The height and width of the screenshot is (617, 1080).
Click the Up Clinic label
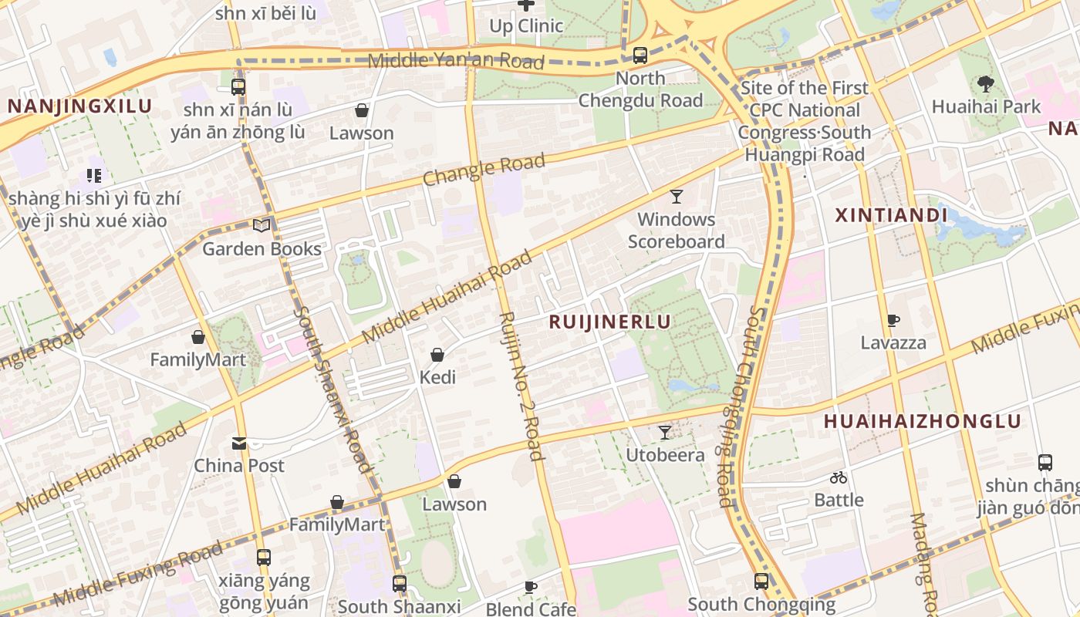pos(526,25)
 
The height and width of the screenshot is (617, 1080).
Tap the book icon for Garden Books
pos(262,225)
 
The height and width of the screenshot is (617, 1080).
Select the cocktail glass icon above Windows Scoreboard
pos(677,196)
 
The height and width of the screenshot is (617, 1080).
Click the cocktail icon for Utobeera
pos(664,432)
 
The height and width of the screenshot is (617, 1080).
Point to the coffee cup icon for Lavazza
pos(893,320)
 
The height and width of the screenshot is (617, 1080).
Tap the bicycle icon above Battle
pos(839,477)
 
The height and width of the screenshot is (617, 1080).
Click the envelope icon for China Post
pos(239,443)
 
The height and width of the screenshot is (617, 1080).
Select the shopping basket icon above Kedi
pos(437,355)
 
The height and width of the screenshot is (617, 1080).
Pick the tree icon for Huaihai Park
pos(985,83)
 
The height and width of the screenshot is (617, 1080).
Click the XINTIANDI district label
pos(891,215)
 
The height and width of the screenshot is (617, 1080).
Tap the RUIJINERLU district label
pos(609,322)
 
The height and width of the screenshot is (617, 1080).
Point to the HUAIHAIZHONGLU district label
pos(923,421)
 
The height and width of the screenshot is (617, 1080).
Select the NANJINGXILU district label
pos(80,106)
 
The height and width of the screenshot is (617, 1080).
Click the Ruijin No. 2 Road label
pos(521,385)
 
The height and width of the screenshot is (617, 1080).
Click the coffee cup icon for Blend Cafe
pos(531,587)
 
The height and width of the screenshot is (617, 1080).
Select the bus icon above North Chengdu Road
pos(640,56)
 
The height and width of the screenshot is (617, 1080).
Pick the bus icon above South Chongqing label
pos(761,582)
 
